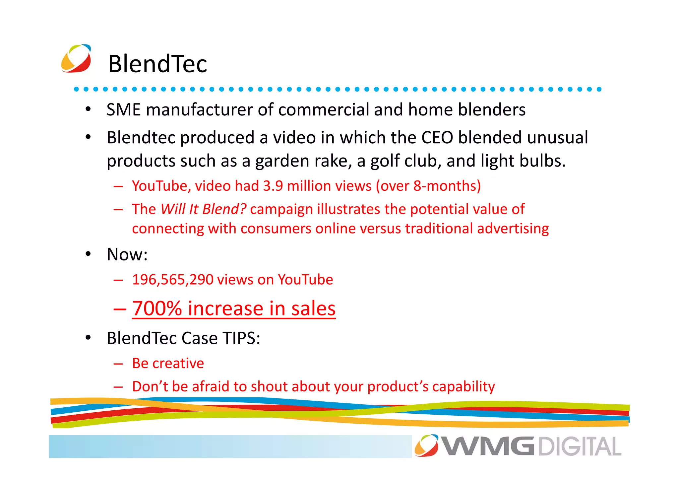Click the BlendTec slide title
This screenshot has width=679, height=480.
click(x=157, y=64)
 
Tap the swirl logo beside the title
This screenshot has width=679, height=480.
click(x=76, y=58)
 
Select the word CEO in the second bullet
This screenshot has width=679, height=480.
click(x=437, y=138)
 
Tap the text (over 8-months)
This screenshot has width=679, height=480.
click(x=428, y=186)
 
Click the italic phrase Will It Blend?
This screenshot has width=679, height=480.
click(x=203, y=209)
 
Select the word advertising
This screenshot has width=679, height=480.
click(x=513, y=229)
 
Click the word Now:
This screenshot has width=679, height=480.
click(x=127, y=255)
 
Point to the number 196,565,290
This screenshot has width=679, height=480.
click(x=172, y=280)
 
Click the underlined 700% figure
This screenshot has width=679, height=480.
click(x=157, y=309)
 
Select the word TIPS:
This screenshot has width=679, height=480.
click(x=241, y=338)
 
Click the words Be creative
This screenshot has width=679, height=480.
click(x=168, y=364)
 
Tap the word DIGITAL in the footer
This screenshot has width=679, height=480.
click(x=580, y=446)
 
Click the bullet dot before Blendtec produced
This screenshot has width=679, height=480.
click(x=88, y=137)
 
